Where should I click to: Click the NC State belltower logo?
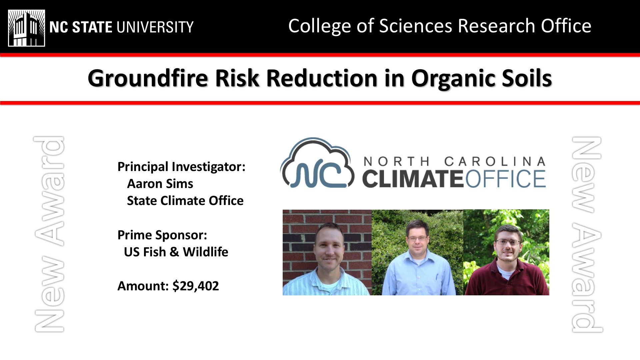pos(26,28)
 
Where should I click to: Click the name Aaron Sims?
pos(160,183)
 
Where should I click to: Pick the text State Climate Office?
pos(185,201)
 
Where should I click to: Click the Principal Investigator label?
pos(181,167)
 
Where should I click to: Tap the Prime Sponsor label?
pos(162,235)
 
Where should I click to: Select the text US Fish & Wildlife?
pos(176,252)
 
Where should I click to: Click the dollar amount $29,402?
pos(196,286)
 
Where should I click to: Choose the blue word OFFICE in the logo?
pos(505,179)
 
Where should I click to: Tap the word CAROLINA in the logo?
pos(495,162)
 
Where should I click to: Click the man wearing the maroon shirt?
pos(506,260)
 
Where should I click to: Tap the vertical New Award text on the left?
pos(49,234)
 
